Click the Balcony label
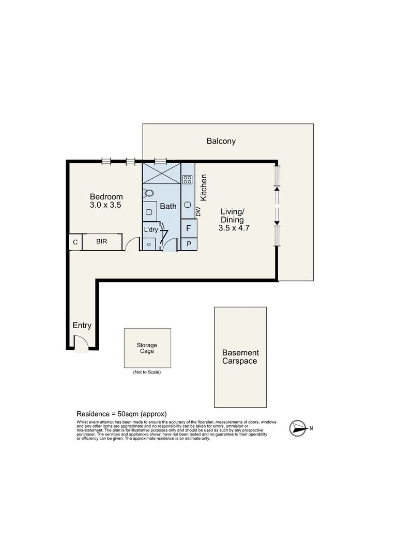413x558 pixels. point(221,141)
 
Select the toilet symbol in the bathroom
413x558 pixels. point(149,193)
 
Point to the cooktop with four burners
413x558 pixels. point(187,180)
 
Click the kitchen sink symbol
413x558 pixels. point(187,204)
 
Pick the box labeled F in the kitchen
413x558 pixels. point(188,228)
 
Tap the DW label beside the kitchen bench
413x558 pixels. point(198,211)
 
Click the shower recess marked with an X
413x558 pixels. point(161,173)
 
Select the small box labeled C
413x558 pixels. point(75,242)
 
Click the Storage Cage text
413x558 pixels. point(147,348)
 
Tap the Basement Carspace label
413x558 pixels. point(239,357)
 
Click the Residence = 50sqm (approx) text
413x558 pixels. point(121,414)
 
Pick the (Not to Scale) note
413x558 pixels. point(147,372)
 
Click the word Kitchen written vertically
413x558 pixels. point(204,188)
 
